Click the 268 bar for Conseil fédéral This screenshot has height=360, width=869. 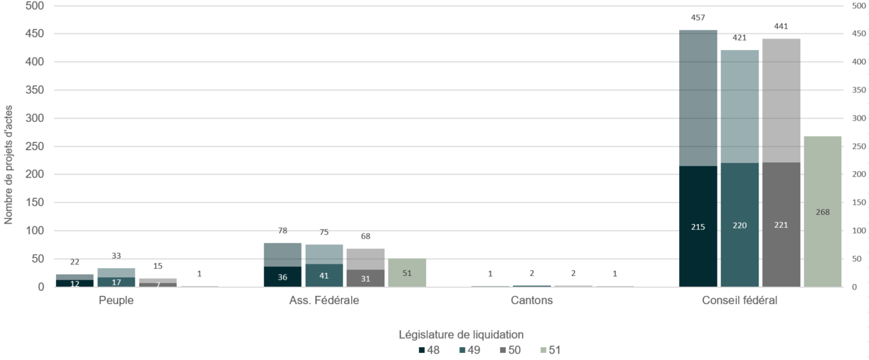pos(822,212)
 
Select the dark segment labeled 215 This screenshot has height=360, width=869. pos(698,227)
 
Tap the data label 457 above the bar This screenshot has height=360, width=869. pos(698,18)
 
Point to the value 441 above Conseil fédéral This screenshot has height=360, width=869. pos(781,26)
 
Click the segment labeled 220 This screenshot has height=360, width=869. pos(739,225)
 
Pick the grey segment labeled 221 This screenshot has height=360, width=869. pos(781,225)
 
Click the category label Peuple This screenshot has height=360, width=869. pos(116,300)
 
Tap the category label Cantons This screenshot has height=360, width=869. pos(531,300)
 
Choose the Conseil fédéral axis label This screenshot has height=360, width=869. pos(739,300)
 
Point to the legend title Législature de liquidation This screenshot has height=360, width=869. pos(461,334)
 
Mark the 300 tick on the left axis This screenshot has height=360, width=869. pos(36,119)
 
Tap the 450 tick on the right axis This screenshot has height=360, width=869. pos(859,34)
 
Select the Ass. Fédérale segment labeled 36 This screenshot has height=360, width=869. pos(282,277)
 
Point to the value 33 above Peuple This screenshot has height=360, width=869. pos(116,255)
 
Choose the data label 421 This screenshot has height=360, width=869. pos(739,38)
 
